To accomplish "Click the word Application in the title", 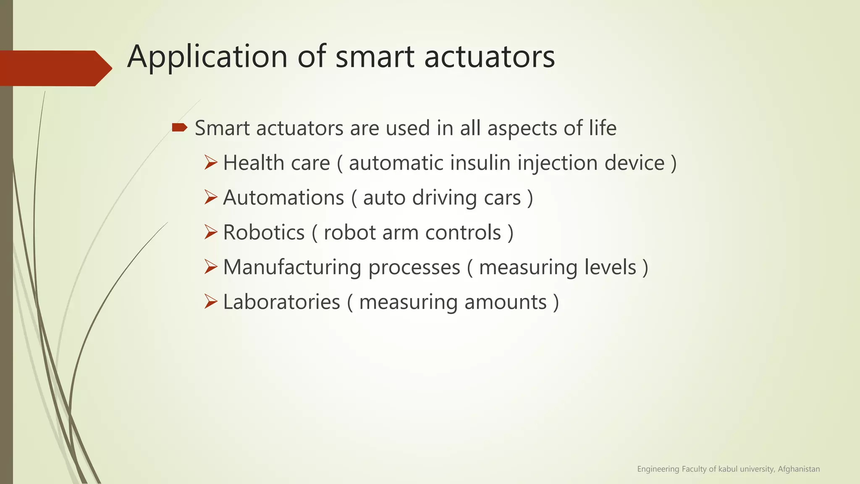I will (207, 57).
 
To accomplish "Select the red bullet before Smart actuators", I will (179, 127).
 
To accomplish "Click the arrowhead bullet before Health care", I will (211, 162).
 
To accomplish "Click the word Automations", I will (283, 197).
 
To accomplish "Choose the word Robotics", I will (264, 232).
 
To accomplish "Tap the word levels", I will (611, 267).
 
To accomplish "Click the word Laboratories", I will (281, 302).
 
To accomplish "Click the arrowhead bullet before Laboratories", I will (211, 302).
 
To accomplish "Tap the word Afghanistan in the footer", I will (799, 469).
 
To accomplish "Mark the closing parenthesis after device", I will (674, 163).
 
